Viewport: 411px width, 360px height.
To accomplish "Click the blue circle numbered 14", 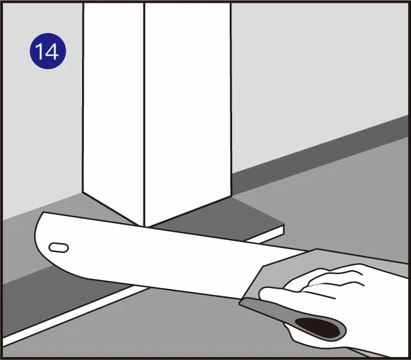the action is tap(48, 51).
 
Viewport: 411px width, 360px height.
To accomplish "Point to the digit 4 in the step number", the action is tap(52, 51).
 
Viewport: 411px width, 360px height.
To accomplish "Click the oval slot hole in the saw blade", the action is tap(58, 248).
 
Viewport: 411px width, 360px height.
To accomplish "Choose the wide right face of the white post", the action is tap(188, 110).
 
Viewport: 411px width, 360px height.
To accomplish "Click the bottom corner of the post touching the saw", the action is tap(145, 227).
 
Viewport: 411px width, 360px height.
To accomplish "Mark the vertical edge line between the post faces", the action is tap(144, 114).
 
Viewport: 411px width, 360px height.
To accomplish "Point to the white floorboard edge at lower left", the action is tap(73, 315).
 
